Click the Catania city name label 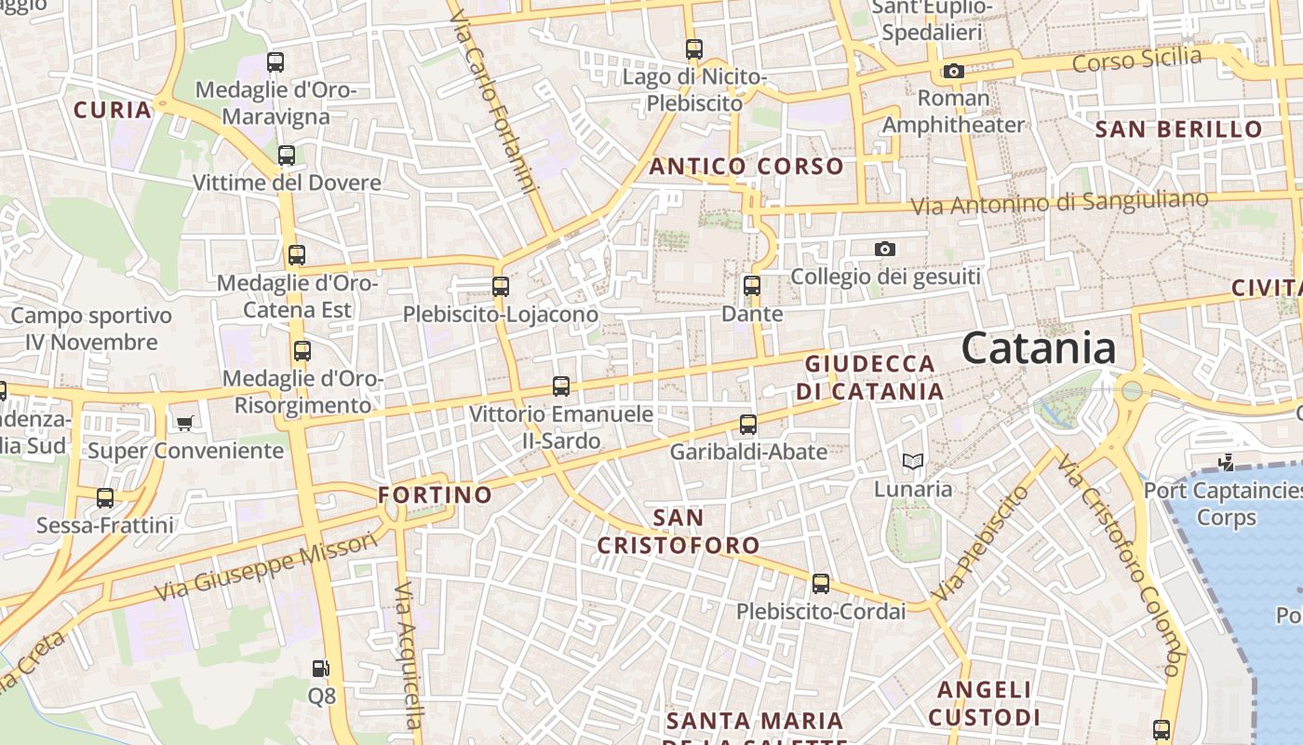point(1038,348)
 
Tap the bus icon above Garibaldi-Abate point(747,425)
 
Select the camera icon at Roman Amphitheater point(953,71)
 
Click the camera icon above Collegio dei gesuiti point(885,249)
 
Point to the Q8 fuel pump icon point(320,669)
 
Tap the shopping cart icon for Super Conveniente point(184,424)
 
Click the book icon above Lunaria point(913,461)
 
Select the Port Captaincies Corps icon point(1227,461)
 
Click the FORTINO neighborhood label point(435,494)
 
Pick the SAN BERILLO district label point(1178,129)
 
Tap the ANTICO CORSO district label point(746,167)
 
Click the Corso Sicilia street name point(1136,60)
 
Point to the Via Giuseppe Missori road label point(267,566)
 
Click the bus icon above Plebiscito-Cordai point(820,584)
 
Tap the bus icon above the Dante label point(752,286)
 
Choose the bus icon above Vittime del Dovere point(287,156)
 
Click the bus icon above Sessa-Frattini point(105,498)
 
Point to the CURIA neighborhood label point(112,110)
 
